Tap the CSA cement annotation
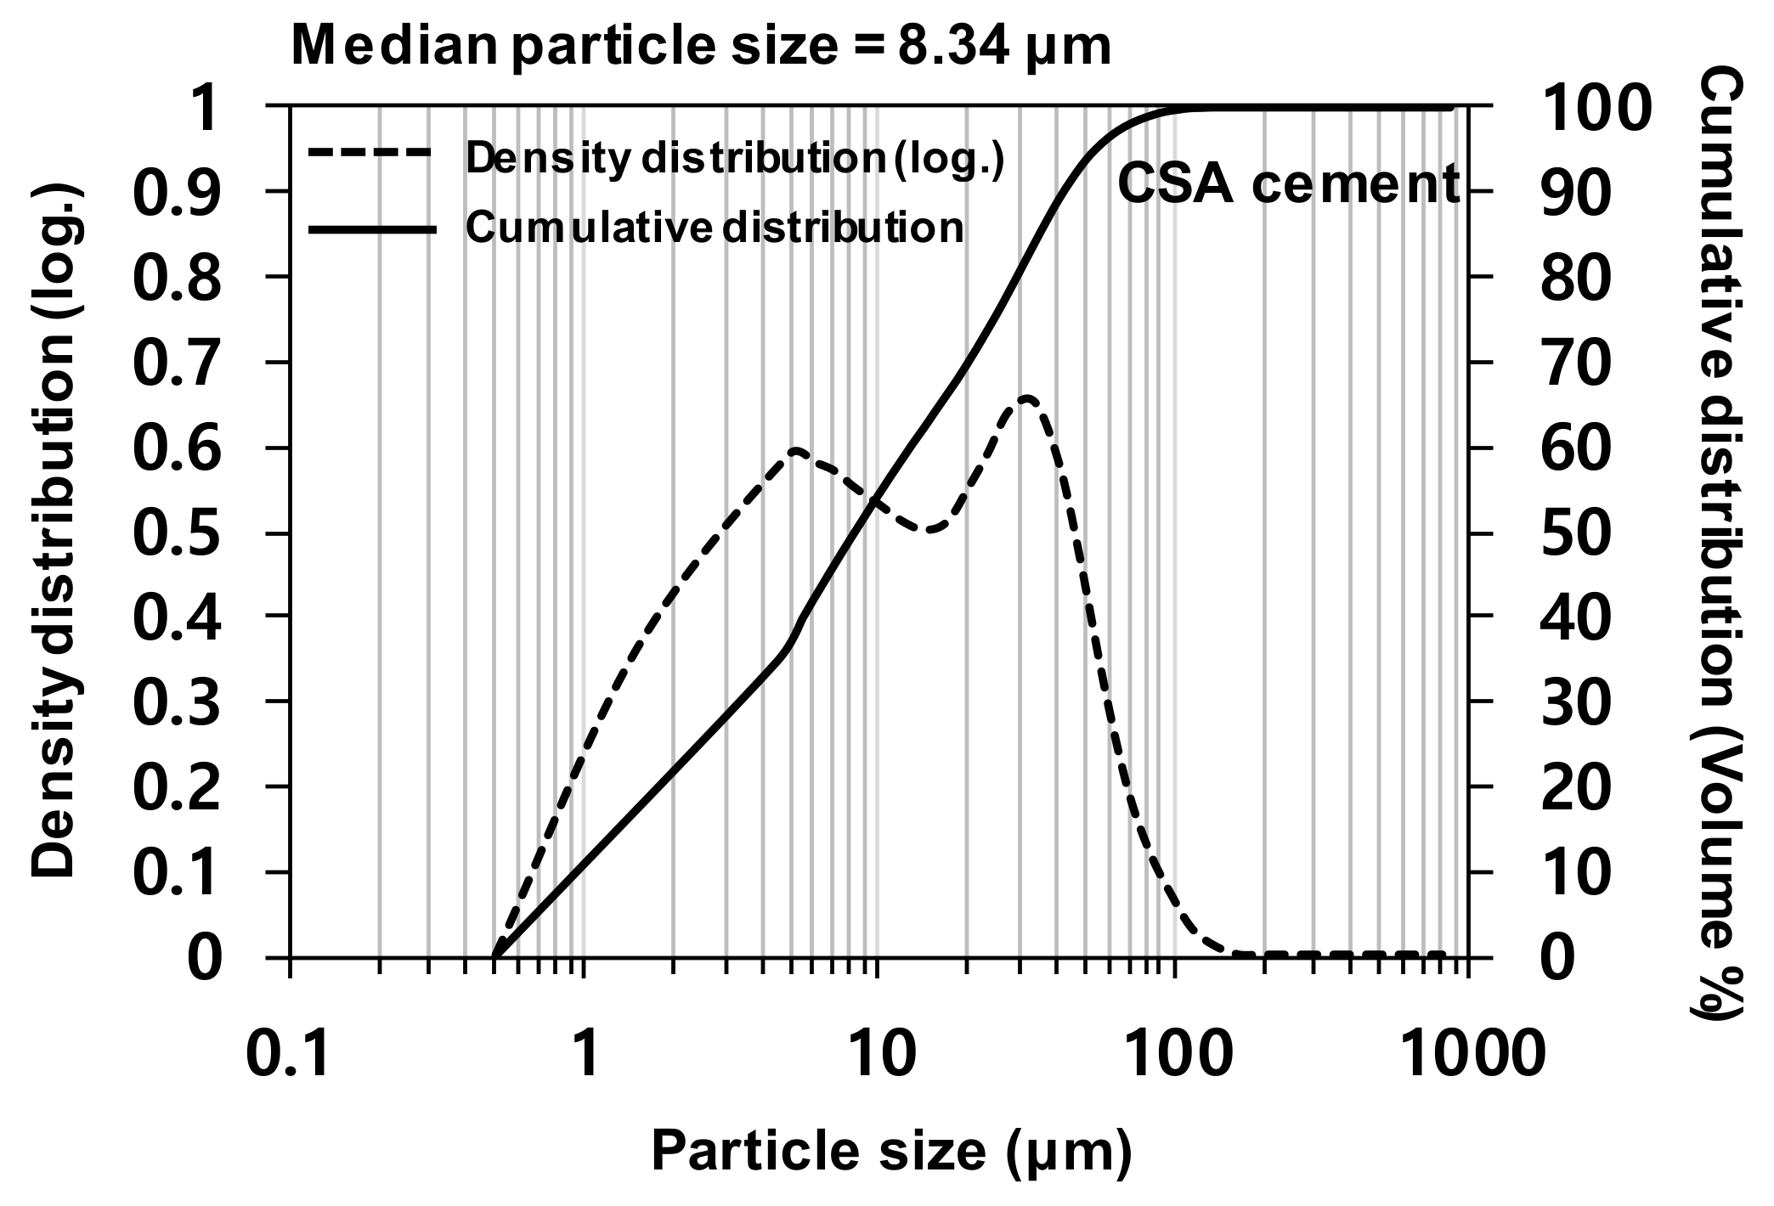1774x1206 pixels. pyautogui.click(x=1288, y=184)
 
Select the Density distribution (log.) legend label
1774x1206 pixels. pyautogui.click(x=735, y=159)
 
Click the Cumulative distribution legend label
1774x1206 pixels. pyautogui.click(x=715, y=228)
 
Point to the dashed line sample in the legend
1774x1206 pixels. pyautogui.click(x=371, y=154)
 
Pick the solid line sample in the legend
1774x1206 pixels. pyautogui.click(x=371, y=229)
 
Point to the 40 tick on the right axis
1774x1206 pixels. pyautogui.click(x=1574, y=617)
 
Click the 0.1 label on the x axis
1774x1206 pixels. pyautogui.click(x=288, y=1056)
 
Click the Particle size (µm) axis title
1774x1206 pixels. pyautogui.click(x=891, y=1152)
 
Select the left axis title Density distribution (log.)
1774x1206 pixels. pyautogui.click(x=54, y=531)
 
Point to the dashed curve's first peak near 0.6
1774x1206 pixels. pyautogui.click(x=795, y=450)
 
